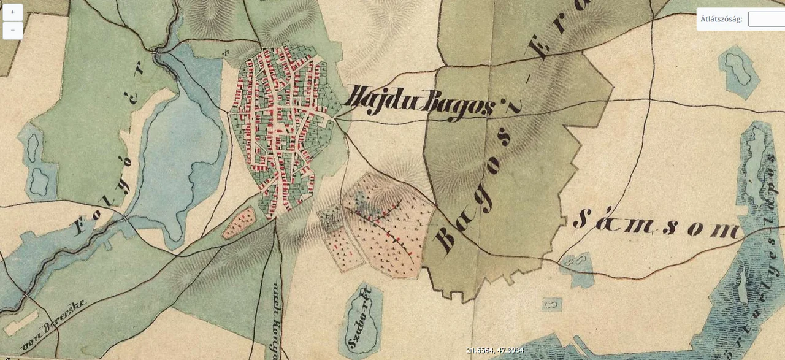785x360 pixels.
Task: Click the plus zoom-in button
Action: tap(12, 12)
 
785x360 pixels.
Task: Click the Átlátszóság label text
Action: tap(721, 19)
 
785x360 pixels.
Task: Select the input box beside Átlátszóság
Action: tap(767, 19)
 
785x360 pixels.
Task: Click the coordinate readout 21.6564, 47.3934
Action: tap(494, 350)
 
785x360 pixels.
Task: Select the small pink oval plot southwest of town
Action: tap(239, 223)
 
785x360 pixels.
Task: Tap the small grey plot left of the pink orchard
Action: tap(332, 218)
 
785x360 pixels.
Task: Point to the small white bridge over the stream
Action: tap(126, 218)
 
